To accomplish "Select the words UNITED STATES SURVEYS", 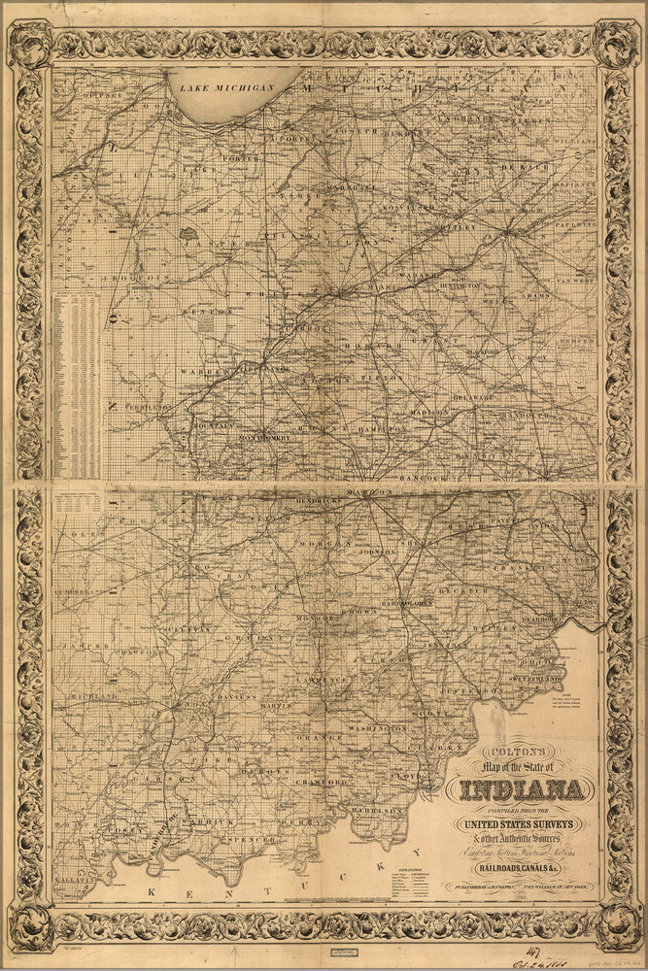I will pyautogui.click(x=524, y=826).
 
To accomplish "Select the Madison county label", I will pyautogui.click(x=428, y=412).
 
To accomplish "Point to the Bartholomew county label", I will pyautogui.click(x=406, y=603).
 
